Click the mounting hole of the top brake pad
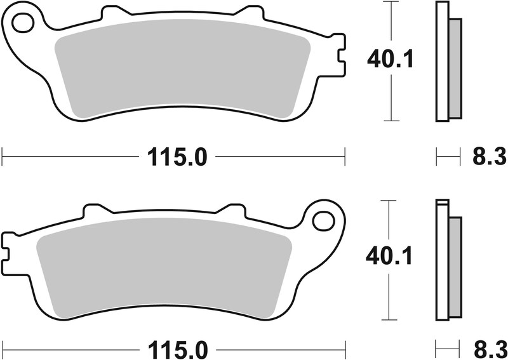pyautogui.click(x=23, y=24)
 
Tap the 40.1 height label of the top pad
pyautogui.click(x=390, y=60)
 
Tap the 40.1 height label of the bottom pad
pyautogui.click(x=390, y=257)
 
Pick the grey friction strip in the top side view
pyautogui.click(x=455, y=69)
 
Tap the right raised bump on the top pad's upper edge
pyautogui.click(x=249, y=13)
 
